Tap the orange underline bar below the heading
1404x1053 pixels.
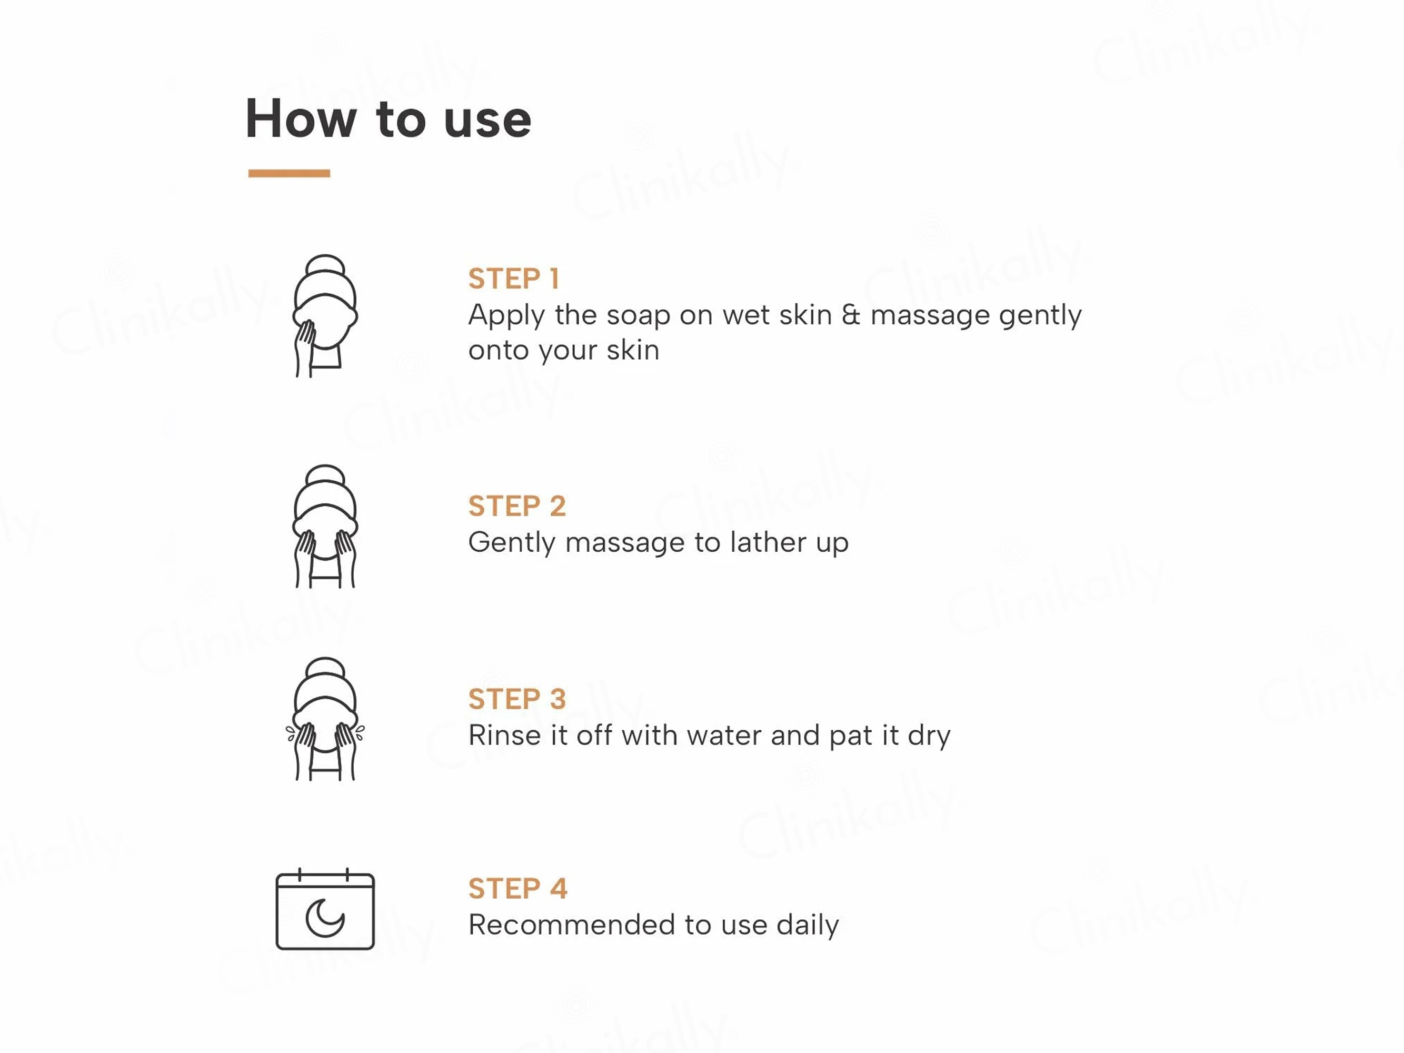tap(289, 173)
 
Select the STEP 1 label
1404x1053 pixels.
tap(513, 279)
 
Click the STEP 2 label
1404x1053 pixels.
tap(516, 506)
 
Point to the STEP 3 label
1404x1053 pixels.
tap(516, 699)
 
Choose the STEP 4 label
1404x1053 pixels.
tap(517, 888)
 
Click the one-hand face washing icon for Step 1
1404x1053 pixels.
tap(325, 316)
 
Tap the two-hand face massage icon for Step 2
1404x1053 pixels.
tap(325, 526)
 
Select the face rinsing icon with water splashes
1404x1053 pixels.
tap(325, 719)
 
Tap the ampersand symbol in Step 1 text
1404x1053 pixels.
tap(851, 315)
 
